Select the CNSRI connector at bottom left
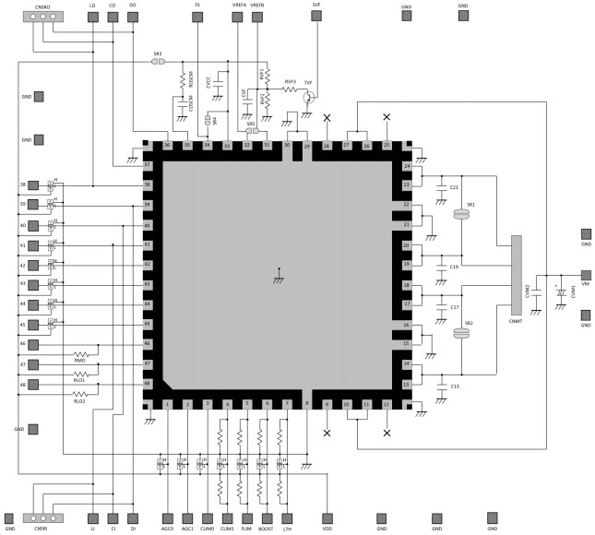[41, 517]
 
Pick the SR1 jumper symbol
[463, 214]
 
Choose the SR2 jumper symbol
[463, 336]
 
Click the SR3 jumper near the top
[158, 63]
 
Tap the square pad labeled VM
[585, 275]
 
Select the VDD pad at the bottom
[327, 517]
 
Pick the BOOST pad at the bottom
[267, 517]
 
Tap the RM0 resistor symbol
[80, 352]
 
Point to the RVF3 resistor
[290, 90]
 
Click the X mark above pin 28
[327, 118]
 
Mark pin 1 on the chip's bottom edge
[167, 404]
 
